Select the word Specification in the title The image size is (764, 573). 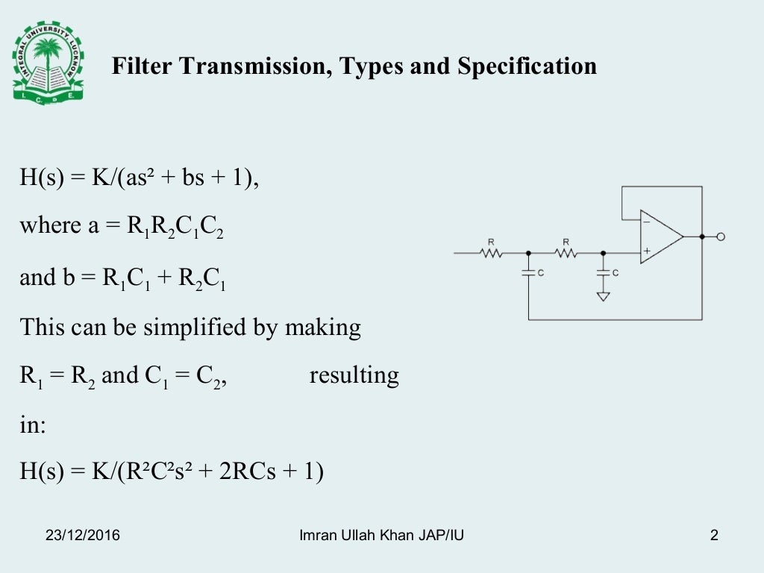pyautogui.click(x=527, y=66)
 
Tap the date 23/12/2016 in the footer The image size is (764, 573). pyautogui.click(x=83, y=535)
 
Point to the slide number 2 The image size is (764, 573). pyautogui.click(x=714, y=535)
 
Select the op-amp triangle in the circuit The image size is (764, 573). pyautogui.click(x=661, y=237)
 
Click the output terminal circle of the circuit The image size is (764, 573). pyautogui.click(x=720, y=237)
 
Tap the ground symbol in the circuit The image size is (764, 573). pyautogui.click(x=603, y=296)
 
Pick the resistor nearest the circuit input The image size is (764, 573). pyautogui.click(x=491, y=253)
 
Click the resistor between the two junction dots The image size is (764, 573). pyautogui.click(x=566, y=253)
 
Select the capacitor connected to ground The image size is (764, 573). pyautogui.click(x=603, y=272)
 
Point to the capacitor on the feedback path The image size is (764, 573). pyautogui.click(x=528, y=272)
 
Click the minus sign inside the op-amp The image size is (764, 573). pyautogui.click(x=646, y=222)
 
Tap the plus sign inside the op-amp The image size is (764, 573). pyautogui.click(x=646, y=251)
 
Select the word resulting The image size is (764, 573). pyautogui.click(x=354, y=375)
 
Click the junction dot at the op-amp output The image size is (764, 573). pyautogui.click(x=702, y=237)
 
